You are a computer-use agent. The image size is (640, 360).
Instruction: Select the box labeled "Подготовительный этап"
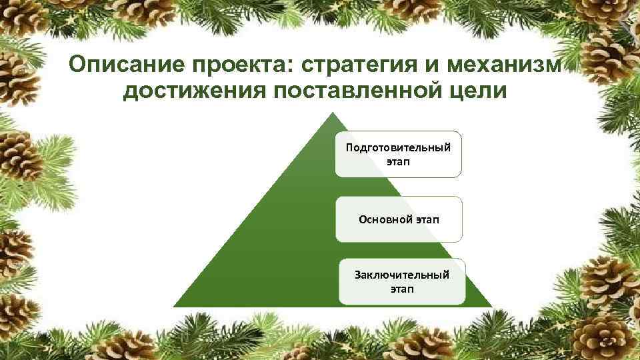pos(398,154)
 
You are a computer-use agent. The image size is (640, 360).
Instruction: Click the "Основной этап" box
pos(398,219)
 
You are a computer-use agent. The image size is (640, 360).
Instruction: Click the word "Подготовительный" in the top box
pos(398,147)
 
